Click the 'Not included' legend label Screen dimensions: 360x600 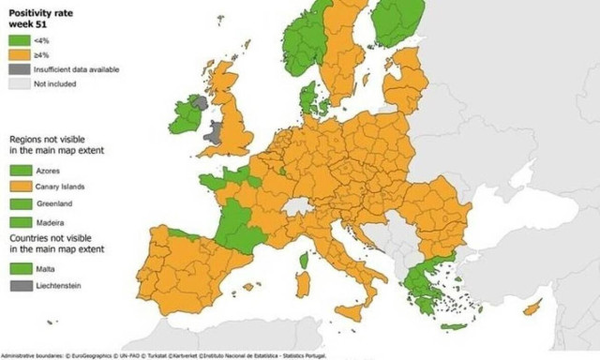[55, 82]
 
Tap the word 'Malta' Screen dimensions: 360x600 [46, 268]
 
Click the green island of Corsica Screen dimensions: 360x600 [303, 260]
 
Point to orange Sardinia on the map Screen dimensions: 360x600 [302, 284]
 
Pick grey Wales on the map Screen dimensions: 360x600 [215, 131]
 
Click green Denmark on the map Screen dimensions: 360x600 [307, 96]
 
